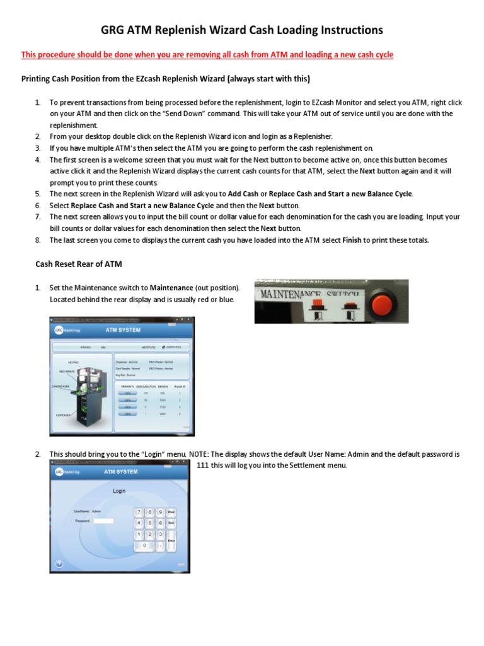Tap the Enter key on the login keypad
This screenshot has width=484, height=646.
(x=171, y=540)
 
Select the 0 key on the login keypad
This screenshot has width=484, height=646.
(x=144, y=545)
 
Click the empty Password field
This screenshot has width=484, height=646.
(x=103, y=521)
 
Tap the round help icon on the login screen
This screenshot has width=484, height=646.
(x=59, y=563)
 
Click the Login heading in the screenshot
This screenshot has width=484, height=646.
(x=119, y=490)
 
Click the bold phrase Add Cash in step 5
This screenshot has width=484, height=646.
(x=243, y=194)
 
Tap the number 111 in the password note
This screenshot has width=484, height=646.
(x=202, y=466)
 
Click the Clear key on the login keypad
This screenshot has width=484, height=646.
(x=171, y=512)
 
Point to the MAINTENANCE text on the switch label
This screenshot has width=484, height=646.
(x=290, y=294)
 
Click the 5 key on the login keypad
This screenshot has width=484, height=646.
(x=150, y=523)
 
